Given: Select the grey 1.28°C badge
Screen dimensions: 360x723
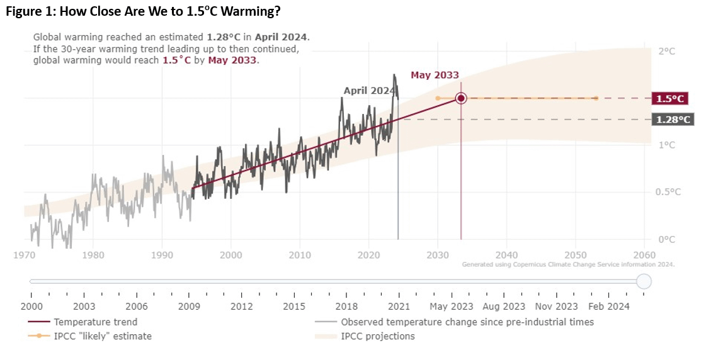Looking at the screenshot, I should point(673,120).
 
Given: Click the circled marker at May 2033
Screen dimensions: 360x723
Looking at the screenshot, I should point(461,98).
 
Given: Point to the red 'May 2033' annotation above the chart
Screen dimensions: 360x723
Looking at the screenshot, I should point(435,75).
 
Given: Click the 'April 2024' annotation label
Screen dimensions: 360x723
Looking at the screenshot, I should point(368,91).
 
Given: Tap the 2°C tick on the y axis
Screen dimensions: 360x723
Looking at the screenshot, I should point(666,52).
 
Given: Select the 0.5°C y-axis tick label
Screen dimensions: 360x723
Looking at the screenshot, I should point(668,192).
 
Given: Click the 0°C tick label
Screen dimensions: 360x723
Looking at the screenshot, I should point(666,239).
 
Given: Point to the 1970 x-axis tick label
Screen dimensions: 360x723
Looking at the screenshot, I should point(24,255).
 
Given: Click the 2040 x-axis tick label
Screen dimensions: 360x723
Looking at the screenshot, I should point(506,255).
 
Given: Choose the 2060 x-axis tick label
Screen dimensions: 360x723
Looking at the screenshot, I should point(644,255).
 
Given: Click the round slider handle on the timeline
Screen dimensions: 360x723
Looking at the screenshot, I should point(644,281).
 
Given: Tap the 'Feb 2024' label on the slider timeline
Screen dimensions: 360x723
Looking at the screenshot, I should point(608,307).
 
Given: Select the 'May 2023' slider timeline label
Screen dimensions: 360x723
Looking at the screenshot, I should point(451,307).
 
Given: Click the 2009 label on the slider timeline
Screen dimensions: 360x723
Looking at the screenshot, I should point(189,307).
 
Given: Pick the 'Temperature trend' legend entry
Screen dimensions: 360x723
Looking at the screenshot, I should point(95,322).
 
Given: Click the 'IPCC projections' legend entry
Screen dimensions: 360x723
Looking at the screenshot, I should point(377,336).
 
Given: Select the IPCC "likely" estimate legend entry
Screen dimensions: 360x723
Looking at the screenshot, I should point(103,336).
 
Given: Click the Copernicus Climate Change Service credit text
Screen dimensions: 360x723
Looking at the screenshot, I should point(568,264).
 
